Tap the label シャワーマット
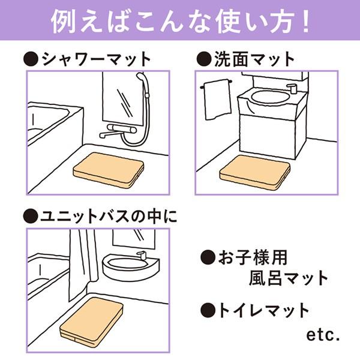coord(96,59)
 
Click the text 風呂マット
coord(289,278)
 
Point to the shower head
coord(141,77)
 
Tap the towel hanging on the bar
coord(217,99)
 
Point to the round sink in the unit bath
coord(129,264)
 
